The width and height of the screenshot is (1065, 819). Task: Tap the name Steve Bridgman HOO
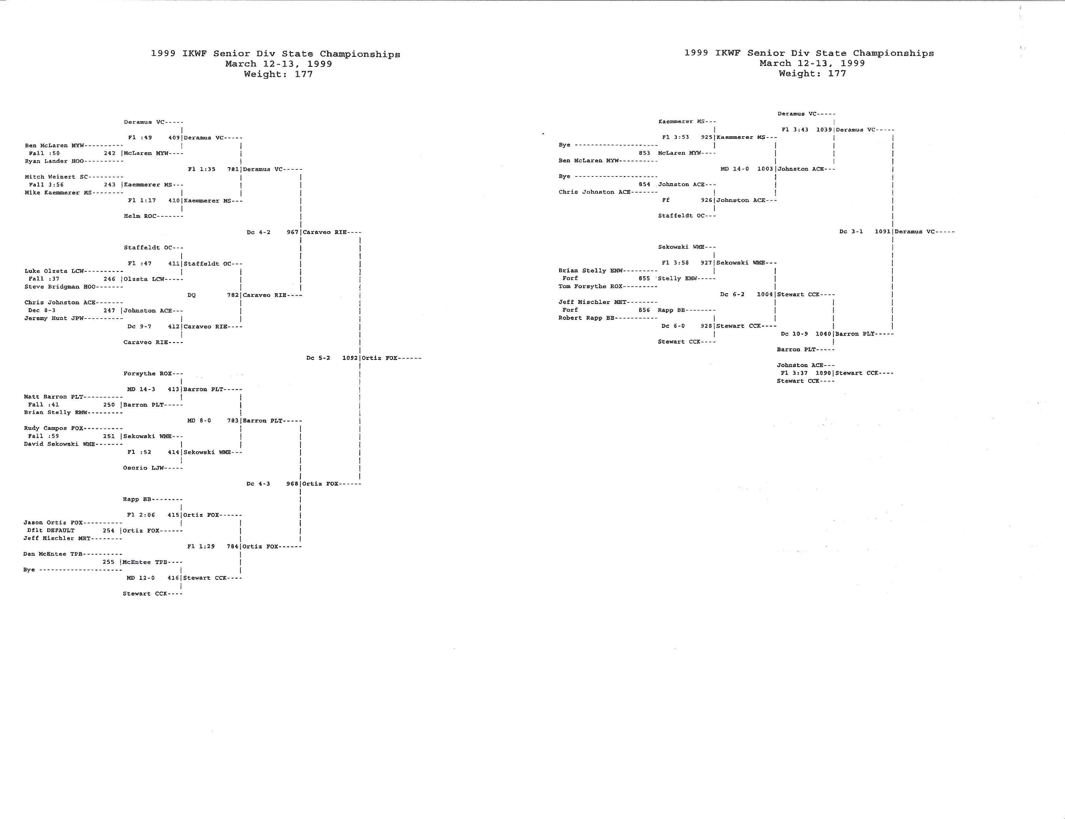point(60,287)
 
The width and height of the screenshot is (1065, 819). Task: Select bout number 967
point(292,232)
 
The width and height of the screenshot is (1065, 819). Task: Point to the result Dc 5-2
point(318,358)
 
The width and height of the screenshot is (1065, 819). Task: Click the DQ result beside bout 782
point(192,295)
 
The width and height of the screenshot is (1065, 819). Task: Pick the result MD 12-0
point(141,578)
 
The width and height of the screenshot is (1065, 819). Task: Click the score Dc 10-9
point(794,334)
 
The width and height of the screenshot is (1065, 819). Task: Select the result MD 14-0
point(735,169)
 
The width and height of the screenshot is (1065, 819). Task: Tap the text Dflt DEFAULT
point(51,530)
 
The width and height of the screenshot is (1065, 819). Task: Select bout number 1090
point(823,373)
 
